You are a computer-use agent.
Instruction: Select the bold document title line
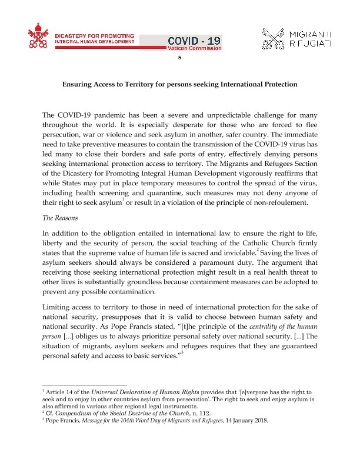[180, 84]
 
